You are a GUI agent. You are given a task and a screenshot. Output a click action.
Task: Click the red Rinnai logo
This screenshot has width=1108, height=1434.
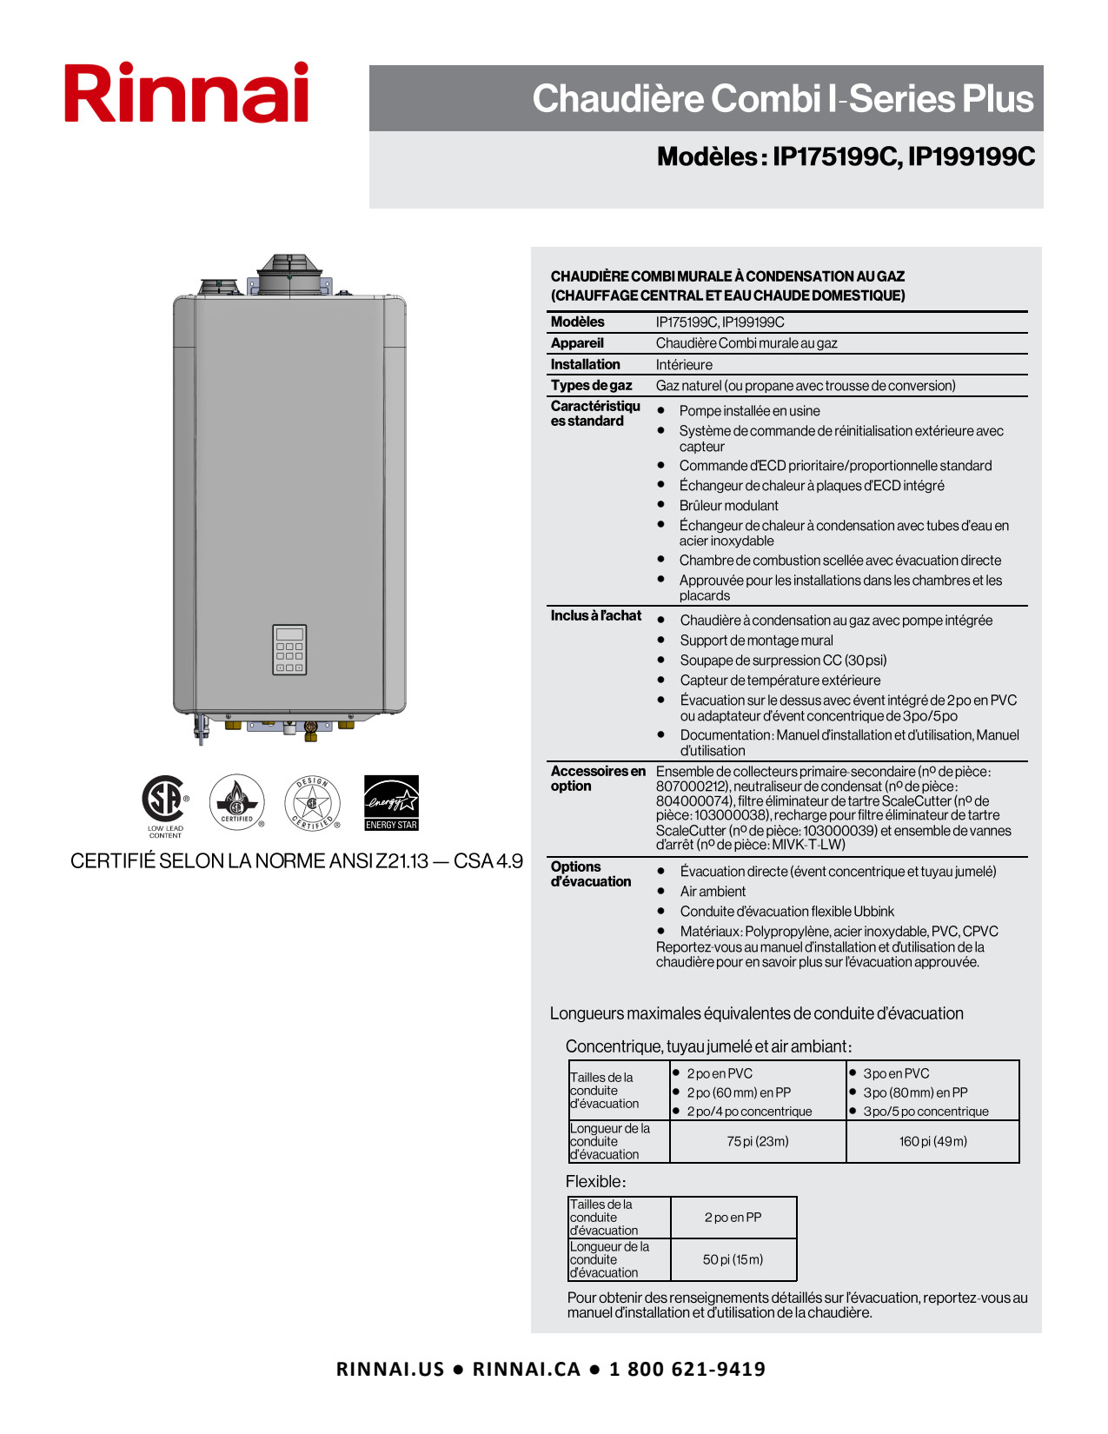pyautogui.click(x=186, y=93)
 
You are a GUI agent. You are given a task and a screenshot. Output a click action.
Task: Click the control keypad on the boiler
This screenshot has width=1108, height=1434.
pyautogui.click(x=289, y=649)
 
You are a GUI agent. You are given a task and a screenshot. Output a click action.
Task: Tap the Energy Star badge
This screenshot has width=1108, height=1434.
pyautogui.click(x=391, y=802)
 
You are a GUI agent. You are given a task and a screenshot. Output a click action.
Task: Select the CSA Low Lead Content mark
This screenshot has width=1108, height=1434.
pyautogui.click(x=164, y=801)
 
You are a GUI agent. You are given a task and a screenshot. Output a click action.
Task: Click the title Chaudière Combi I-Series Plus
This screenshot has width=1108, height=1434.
pyautogui.click(x=782, y=99)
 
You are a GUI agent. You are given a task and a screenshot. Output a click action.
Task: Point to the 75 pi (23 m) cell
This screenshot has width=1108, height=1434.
pyautogui.click(x=758, y=1141)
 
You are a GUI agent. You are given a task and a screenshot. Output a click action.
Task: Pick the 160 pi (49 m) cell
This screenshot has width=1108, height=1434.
pyautogui.click(x=932, y=1141)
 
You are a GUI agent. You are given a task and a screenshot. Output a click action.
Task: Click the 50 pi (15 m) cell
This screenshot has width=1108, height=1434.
pyautogui.click(x=733, y=1259)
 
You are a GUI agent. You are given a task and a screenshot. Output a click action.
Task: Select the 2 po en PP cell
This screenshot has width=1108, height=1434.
pyautogui.click(x=733, y=1218)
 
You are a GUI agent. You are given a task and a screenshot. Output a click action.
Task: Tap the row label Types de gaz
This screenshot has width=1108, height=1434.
pyautogui.click(x=591, y=386)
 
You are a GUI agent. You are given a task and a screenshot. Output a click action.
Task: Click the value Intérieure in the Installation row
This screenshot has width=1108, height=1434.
pyautogui.click(x=684, y=365)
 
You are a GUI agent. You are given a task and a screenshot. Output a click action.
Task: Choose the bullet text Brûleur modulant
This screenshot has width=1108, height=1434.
pyautogui.click(x=728, y=506)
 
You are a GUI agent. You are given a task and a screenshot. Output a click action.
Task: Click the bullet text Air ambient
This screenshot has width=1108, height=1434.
pyautogui.click(x=713, y=892)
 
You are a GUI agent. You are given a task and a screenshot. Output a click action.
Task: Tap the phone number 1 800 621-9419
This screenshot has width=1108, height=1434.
pyautogui.click(x=687, y=1370)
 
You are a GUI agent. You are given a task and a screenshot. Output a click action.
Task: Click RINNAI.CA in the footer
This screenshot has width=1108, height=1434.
pyautogui.click(x=526, y=1370)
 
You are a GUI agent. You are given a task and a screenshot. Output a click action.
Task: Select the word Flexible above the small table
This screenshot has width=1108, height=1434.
pyautogui.click(x=594, y=1182)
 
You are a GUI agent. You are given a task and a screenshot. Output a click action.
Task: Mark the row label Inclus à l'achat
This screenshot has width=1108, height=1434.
pyautogui.click(x=595, y=616)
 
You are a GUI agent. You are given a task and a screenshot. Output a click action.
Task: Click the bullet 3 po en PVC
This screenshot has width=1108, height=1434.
pyautogui.click(x=896, y=1074)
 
